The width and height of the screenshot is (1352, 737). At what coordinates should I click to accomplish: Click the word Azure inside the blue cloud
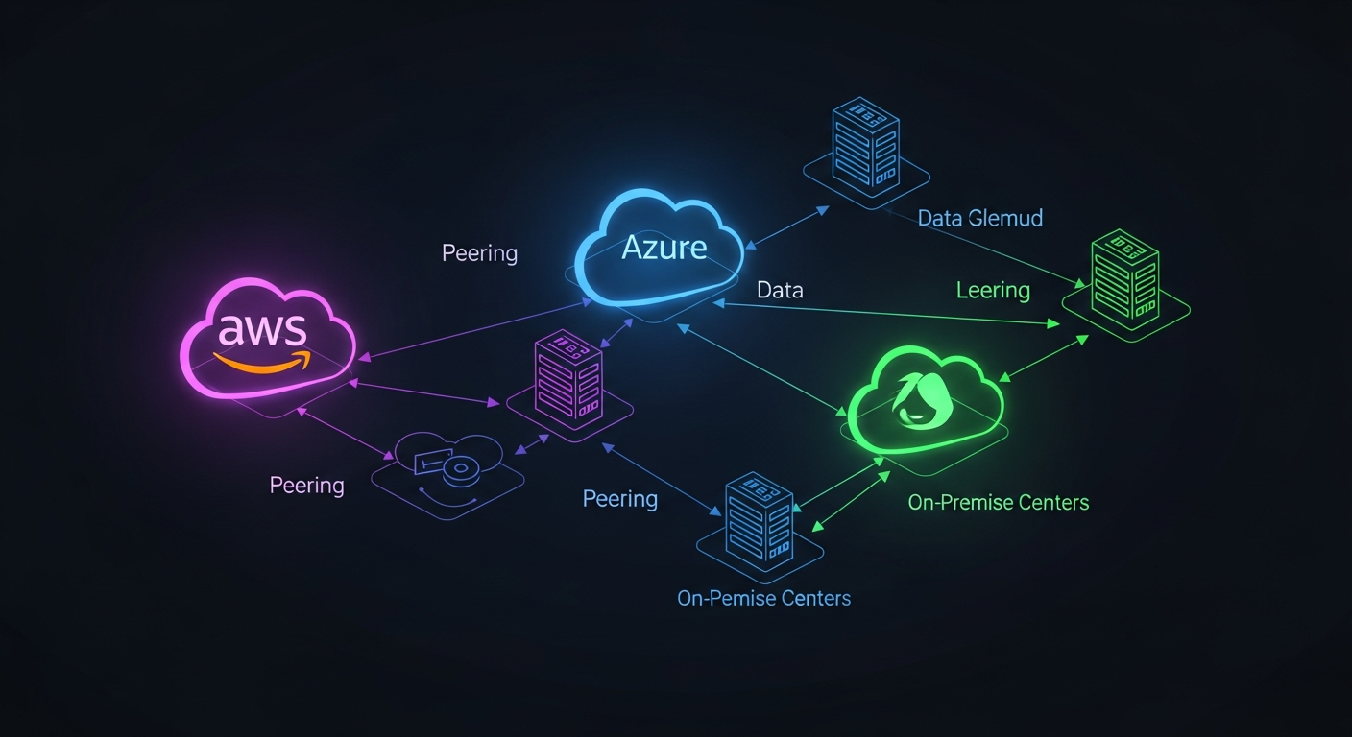pyautogui.click(x=664, y=248)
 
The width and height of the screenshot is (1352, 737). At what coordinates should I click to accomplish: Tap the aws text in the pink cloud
pyautogui.click(x=262, y=329)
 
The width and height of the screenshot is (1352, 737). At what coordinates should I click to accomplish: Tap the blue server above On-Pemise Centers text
pyautogui.click(x=759, y=519)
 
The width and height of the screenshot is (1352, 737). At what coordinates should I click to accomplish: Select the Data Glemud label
pyautogui.click(x=979, y=219)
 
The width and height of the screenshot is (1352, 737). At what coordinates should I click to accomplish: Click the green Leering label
pyautogui.click(x=993, y=290)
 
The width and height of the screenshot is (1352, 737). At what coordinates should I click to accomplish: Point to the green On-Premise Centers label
pyautogui.click(x=998, y=502)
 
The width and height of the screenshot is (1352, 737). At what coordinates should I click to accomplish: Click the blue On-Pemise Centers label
pyautogui.click(x=763, y=598)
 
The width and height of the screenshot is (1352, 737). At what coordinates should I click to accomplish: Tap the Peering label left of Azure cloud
pyautogui.click(x=479, y=253)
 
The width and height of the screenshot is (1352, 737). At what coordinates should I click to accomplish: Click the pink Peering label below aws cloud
pyautogui.click(x=306, y=485)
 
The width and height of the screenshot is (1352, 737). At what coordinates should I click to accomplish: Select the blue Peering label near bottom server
pyautogui.click(x=619, y=499)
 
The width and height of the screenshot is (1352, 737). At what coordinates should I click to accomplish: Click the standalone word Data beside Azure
pyautogui.click(x=779, y=290)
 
